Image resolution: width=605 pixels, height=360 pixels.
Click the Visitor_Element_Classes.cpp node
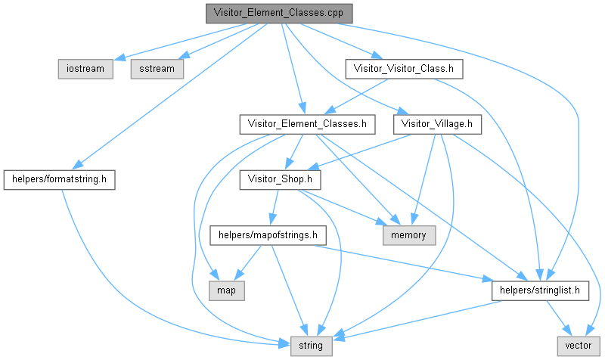[x=279, y=14]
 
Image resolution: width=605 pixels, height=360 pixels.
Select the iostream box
[x=85, y=68]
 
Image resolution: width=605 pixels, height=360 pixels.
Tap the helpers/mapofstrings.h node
[x=268, y=234]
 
